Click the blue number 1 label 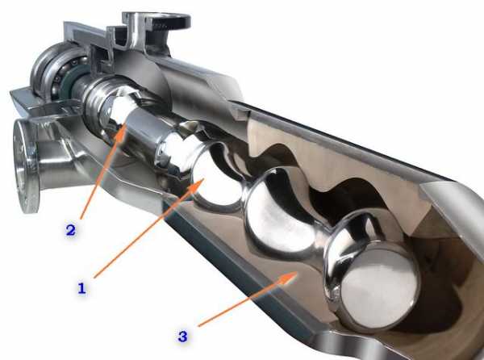click(81, 288)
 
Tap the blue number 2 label click(71, 230)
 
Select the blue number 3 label click(183, 337)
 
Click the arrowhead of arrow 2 click(122, 131)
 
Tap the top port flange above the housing click(156, 20)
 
